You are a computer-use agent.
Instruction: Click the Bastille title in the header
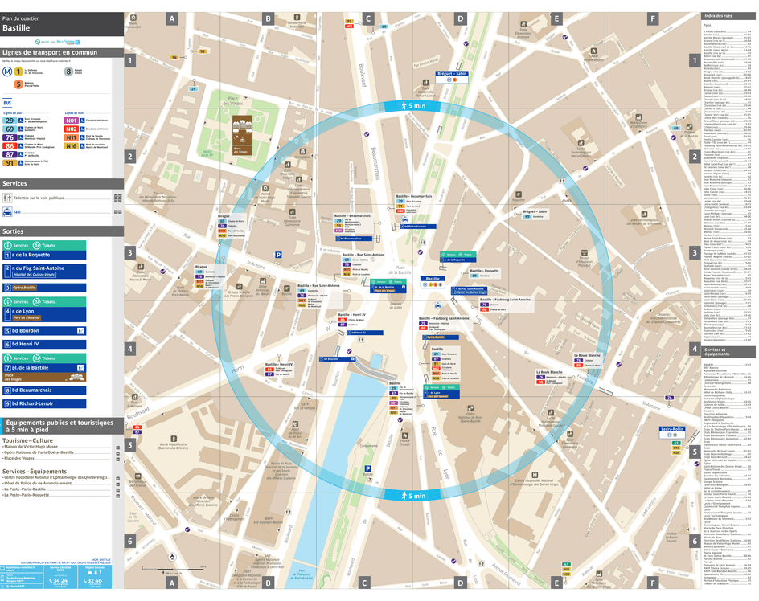coord(17,27)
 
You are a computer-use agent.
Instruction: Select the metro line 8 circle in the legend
coord(68,71)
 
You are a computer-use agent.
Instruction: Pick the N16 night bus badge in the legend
coord(72,146)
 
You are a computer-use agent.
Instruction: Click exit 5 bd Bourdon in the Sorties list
coord(32,330)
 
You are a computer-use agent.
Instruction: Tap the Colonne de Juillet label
coord(395,306)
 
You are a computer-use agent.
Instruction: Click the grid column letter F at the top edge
coord(652,18)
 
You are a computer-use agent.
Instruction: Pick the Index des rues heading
coord(719,16)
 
